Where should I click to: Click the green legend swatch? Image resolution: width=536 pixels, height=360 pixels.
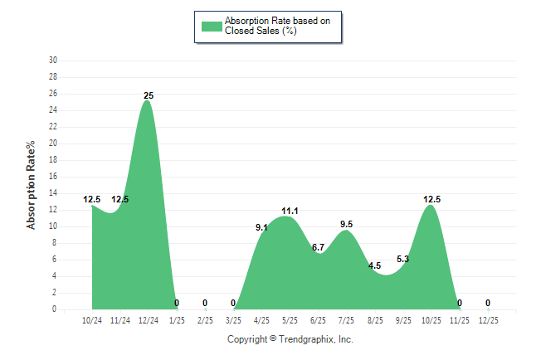point(212,26)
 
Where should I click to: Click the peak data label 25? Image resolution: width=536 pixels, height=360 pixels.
point(148,95)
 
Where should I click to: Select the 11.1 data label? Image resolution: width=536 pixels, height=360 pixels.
point(290,212)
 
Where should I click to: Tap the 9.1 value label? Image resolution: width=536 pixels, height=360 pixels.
point(261,227)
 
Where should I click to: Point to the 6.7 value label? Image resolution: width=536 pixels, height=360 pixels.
point(318,248)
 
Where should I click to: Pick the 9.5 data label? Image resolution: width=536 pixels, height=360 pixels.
point(346,224)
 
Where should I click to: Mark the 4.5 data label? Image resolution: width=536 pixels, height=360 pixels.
point(374,266)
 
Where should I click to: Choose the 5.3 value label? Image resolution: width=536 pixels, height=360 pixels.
point(402,260)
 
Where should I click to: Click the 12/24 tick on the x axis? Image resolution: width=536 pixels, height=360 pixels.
point(149,319)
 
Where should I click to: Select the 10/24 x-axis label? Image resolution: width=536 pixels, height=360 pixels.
point(92,319)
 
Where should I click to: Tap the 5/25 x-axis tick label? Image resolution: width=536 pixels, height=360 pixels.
point(290,319)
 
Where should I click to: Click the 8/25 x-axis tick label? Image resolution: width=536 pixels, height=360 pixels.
point(374,319)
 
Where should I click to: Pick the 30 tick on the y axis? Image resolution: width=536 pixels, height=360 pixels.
point(53,61)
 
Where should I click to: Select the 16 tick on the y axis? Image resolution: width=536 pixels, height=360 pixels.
point(53,177)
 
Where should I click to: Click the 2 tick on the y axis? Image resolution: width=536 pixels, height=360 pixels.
point(55,293)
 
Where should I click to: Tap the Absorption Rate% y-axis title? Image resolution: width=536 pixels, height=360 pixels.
point(31,185)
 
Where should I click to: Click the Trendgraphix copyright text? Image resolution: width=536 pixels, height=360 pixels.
point(290,339)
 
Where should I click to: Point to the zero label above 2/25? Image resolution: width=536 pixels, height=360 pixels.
point(205,303)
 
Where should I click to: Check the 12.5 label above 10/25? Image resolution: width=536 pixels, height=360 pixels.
point(431,199)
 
